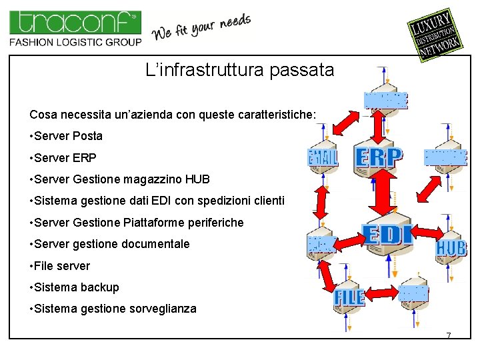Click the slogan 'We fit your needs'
202,27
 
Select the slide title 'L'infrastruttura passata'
239,69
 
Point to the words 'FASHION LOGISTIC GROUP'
75,42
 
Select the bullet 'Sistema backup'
76,287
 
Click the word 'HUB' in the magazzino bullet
198,179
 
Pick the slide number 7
449,335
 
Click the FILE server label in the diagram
349,297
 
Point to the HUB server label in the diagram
451,248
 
